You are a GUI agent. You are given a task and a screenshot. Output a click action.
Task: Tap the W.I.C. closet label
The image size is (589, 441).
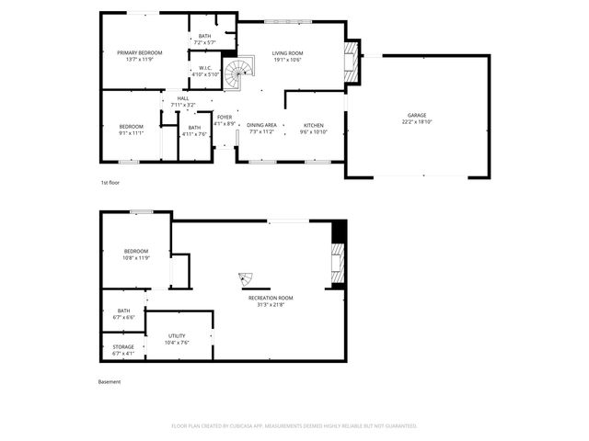coord(205,71)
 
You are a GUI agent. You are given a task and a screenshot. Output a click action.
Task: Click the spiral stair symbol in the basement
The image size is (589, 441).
coord(247,278)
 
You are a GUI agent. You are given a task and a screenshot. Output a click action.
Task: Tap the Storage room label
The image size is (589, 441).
coord(123,349)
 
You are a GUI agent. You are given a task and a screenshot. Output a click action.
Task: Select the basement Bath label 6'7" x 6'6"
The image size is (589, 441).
coord(123,313)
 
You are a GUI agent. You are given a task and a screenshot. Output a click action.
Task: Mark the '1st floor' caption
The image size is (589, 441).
coord(110,183)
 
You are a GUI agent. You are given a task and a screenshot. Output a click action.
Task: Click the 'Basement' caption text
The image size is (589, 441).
coord(110,382)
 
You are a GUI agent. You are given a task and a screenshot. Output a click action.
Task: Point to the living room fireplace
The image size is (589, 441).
coord(350,61)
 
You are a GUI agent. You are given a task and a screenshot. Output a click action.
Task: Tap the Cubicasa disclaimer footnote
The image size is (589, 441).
coord(294,426)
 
